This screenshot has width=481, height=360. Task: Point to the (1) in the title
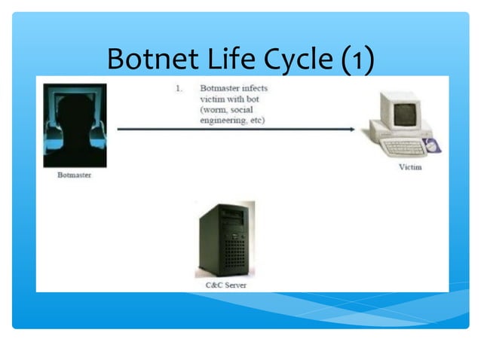(356, 59)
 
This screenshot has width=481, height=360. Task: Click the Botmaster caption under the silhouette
(75, 175)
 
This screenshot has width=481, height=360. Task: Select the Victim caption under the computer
(410, 166)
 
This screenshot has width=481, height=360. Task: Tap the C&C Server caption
(225, 285)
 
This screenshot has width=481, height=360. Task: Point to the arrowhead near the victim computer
(351, 129)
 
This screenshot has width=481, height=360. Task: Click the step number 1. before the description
(179, 88)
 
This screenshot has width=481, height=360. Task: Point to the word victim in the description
(213, 99)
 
